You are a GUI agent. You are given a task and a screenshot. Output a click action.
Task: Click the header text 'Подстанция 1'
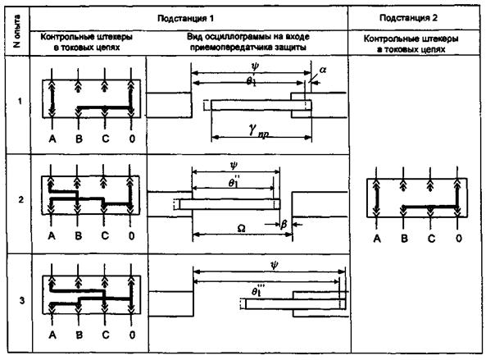185,18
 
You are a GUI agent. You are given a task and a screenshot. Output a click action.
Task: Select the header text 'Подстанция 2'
408,18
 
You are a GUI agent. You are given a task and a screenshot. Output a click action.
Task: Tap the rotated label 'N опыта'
17,30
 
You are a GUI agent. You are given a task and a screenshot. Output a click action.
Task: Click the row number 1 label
20,101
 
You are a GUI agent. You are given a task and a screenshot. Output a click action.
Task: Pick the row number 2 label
20,199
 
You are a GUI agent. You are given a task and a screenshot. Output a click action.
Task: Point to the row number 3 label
21,300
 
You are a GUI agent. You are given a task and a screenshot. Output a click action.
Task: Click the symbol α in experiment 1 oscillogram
323,70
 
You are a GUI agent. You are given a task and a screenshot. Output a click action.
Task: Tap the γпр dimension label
258,130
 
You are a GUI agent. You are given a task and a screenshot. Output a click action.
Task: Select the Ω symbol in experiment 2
241,229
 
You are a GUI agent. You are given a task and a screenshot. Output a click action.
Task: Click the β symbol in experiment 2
284,224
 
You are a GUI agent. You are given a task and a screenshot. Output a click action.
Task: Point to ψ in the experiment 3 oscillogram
275,265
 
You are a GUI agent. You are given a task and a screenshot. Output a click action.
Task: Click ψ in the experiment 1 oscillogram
255,66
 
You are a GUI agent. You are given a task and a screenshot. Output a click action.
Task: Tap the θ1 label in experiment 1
252,81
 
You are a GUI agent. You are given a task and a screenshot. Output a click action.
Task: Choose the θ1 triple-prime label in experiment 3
258,290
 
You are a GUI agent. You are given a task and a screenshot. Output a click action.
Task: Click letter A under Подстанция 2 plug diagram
377,239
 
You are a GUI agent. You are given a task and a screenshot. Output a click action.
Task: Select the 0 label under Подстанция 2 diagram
459,238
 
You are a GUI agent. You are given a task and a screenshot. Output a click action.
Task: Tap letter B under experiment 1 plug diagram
79,139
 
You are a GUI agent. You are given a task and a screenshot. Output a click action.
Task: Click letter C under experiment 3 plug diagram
106,335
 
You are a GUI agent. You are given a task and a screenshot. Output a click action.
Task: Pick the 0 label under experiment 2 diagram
131,236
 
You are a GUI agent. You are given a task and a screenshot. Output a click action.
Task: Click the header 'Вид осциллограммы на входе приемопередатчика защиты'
248,42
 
